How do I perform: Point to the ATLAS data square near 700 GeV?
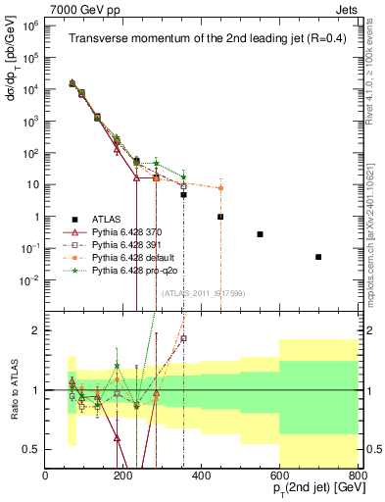pos(318,257)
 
